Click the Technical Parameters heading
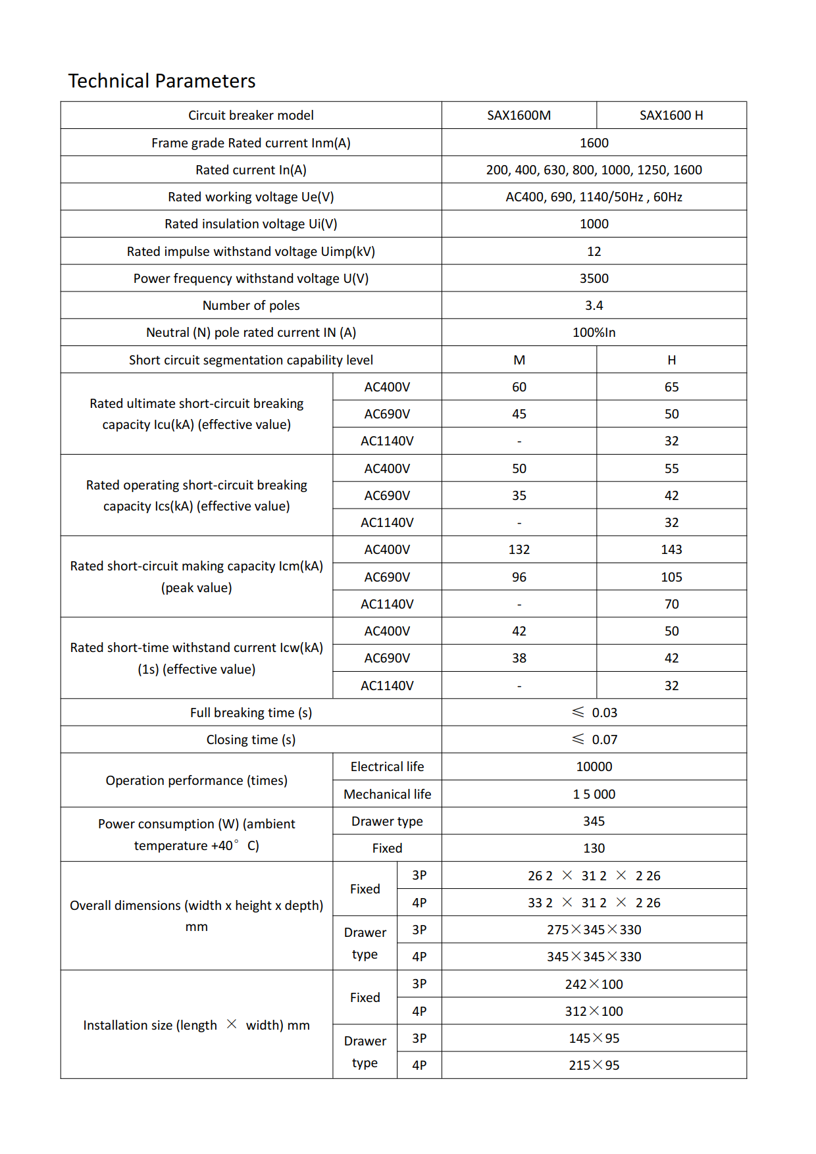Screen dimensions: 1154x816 click(162, 81)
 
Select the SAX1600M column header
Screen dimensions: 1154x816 click(519, 115)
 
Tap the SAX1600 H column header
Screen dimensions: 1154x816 click(671, 115)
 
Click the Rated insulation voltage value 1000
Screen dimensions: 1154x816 click(594, 224)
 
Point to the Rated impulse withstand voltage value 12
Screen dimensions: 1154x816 click(594, 251)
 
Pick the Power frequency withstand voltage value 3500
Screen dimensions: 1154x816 click(594, 278)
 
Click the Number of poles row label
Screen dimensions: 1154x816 click(251, 305)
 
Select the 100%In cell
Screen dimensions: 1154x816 click(594, 332)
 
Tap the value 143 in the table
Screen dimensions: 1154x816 click(671, 549)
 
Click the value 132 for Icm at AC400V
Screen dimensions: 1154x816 click(519, 549)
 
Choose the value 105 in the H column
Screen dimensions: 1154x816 click(671, 577)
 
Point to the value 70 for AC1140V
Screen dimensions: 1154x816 click(671, 604)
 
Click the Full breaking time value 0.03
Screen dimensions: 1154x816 click(603, 713)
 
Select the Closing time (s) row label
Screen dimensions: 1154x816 click(251, 740)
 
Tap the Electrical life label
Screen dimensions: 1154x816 click(387, 766)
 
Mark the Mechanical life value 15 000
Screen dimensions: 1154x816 click(594, 794)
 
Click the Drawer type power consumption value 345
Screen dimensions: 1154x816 click(594, 821)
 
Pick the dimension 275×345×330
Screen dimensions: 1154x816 click(594, 930)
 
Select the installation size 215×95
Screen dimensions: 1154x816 click(594, 1065)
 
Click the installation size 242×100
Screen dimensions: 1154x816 click(594, 984)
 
